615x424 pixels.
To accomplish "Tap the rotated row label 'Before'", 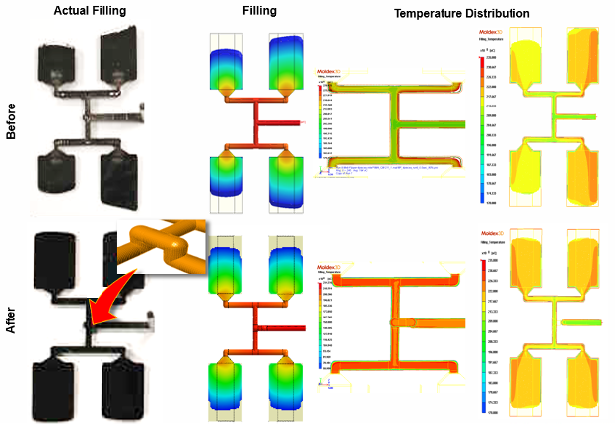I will click(12, 117).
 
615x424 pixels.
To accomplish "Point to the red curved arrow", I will click(104, 297).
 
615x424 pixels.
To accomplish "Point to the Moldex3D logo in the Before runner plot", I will click(328, 72).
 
